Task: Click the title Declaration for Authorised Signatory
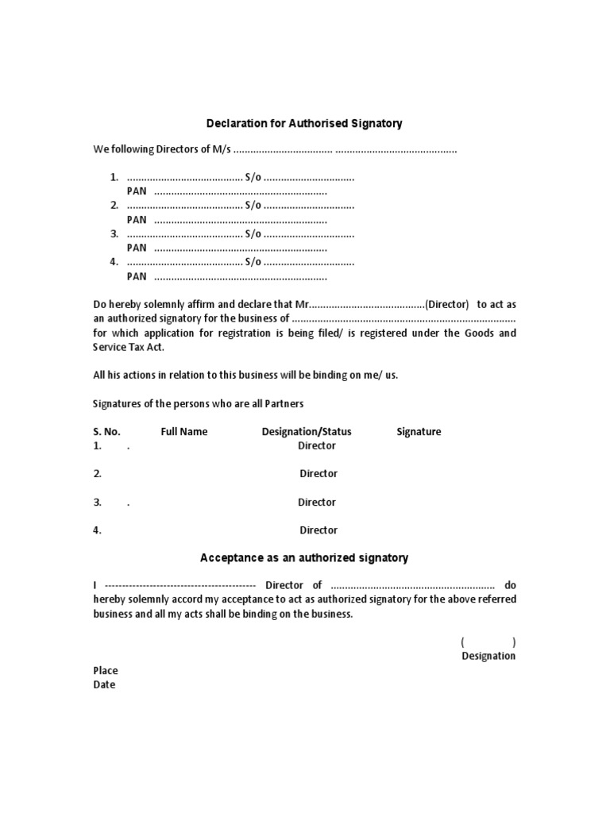coord(304,124)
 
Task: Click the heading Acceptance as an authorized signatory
coord(304,558)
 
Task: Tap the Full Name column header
coord(183,432)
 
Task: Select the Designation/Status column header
coord(307,432)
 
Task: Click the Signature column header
coord(419,432)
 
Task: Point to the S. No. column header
coord(107,432)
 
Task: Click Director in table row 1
coord(317,446)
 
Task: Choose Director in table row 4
coord(319,530)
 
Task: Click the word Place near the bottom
coord(106,671)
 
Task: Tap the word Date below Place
coord(104,685)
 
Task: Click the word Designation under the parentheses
coord(488,657)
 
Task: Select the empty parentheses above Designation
coord(488,642)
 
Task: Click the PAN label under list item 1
coord(137,192)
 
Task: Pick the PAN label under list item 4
coord(137,276)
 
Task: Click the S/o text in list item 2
coord(253,206)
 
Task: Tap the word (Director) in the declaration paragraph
coord(448,305)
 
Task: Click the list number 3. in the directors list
coord(114,234)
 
